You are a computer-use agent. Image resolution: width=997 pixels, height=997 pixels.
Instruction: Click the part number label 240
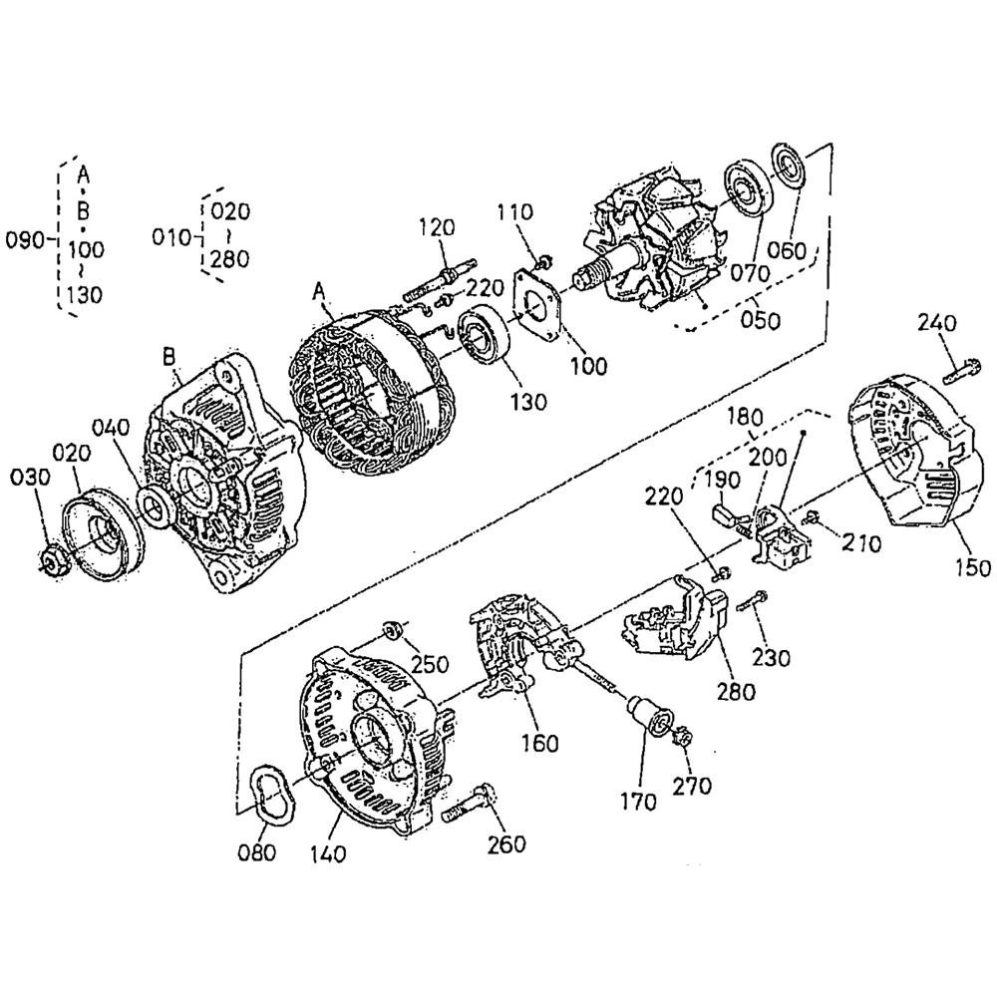pyautogui.click(x=936, y=323)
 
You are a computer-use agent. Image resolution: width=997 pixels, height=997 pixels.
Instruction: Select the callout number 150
pyautogui.click(x=973, y=567)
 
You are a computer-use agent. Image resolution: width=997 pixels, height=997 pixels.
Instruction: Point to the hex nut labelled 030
pyautogui.click(x=51, y=559)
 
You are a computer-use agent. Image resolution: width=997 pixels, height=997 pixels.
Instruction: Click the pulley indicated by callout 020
pyautogui.click(x=103, y=532)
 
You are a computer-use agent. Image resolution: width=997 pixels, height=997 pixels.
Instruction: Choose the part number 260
pyautogui.click(x=506, y=844)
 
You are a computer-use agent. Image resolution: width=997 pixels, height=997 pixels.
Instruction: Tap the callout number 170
pyautogui.click(x=638, y=803)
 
